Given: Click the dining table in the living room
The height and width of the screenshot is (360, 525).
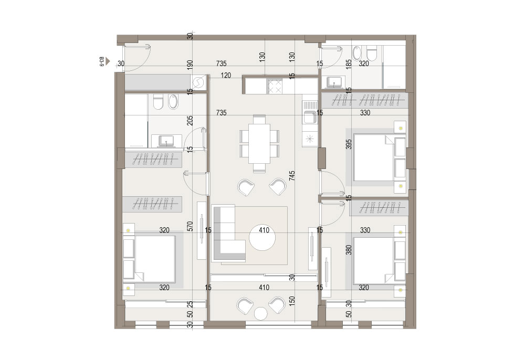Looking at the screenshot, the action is (259, 144).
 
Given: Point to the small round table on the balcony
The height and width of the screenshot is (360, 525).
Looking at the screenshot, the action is (260, 313).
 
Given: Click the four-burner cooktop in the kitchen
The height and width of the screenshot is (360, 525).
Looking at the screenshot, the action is (275, 86).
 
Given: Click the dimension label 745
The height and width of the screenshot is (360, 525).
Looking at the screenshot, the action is (292, 176).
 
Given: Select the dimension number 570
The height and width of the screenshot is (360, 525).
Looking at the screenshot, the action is (190, 227).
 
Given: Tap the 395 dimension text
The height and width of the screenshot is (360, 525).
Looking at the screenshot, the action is (349, 144).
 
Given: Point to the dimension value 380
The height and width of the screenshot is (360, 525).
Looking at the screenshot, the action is (349, 250).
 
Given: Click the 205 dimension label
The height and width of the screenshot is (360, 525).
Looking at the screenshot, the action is (190, 120).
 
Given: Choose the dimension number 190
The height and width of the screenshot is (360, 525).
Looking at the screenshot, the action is (190, 65).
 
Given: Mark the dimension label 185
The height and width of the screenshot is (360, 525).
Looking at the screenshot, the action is (349, 65).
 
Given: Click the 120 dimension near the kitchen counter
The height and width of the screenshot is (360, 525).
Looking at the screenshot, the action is (226, 76).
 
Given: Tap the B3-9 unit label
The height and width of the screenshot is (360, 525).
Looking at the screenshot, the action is (101, 61).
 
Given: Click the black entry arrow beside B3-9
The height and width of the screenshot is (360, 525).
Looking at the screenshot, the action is (108, 61).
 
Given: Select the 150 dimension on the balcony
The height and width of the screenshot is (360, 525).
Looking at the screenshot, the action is (292, 301).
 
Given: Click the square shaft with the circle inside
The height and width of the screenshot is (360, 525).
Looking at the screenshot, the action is (198, 82).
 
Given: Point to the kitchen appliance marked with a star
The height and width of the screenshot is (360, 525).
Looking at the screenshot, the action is (310, 138).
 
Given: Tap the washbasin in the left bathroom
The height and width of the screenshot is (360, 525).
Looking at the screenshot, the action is (166, 141).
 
